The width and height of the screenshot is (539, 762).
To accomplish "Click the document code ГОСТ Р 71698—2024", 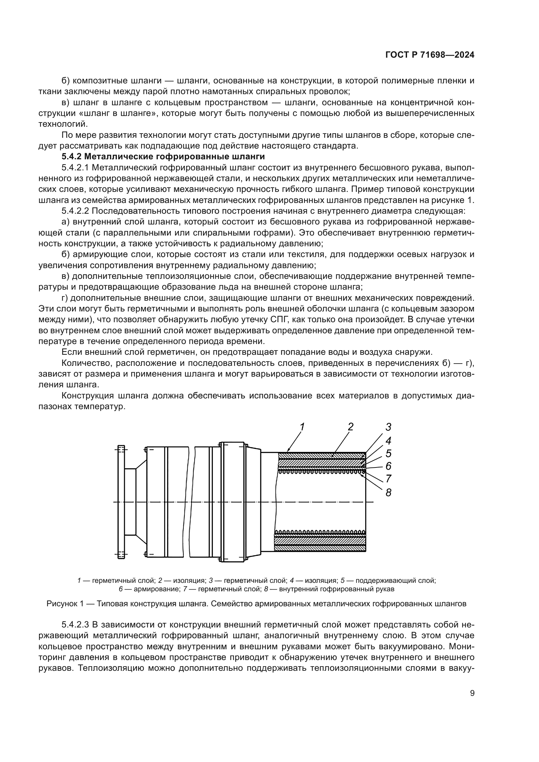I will [x=430, y=55].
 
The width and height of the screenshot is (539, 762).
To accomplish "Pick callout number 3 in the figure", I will [x=388, y=427].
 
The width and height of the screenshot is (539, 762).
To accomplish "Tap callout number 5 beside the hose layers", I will [x=388, y=453].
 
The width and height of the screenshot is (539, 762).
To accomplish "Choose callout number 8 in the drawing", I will [x=388, y=493].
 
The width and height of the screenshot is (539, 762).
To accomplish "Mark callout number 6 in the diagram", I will [x=388, y=466].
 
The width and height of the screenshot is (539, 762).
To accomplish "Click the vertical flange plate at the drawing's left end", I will [x=122, y=502].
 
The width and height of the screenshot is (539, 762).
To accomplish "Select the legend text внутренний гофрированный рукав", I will [x=337, y=589].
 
